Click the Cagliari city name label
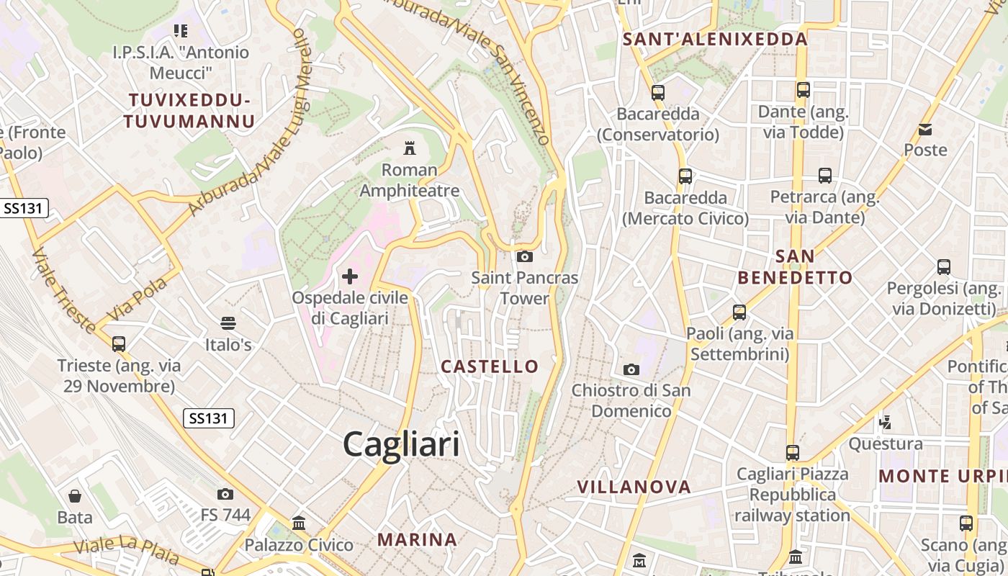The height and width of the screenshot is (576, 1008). click(x=401, y=444)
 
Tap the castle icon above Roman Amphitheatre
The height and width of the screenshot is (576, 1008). click(x=410, y=148)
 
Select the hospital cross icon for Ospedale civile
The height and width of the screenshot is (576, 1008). click(x=350, y=276)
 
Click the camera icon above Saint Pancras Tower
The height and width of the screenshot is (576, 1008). click(x=525, y=256)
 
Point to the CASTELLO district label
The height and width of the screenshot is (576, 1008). click(x=490, y=366)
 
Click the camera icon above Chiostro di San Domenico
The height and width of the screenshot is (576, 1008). click(x=631, y=369)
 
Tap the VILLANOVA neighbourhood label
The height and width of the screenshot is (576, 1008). click(x=634, y=487)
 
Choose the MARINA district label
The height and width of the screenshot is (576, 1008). click(x=418, y=539)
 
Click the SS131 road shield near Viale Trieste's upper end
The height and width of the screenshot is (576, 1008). click(x=24, y=209)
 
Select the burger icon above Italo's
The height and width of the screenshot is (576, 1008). click(x=228, y=323)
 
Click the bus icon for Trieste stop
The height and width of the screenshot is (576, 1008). click(x=119, y=343)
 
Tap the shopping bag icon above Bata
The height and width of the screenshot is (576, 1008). click(x=75, y=495)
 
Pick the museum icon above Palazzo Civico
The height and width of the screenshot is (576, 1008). click(x=299, y=523)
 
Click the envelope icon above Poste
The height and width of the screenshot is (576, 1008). click(x=925, y=130)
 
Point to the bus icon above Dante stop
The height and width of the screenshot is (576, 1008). click(x=804, y=90)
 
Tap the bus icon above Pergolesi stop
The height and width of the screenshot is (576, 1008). click(x=944, y=267)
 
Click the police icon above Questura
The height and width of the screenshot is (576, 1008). click(x=886, y=422)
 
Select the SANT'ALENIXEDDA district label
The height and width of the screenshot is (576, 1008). click(x=715, y=40)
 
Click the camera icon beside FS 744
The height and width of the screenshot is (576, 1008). click(x=225, y=494)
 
